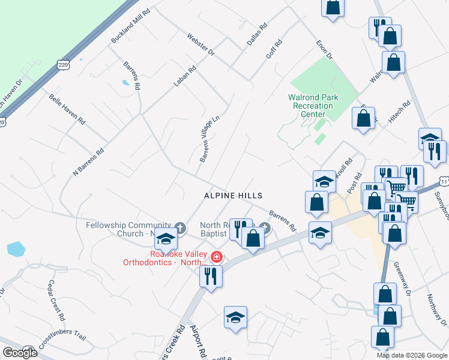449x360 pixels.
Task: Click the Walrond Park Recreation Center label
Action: pyautogui.click(x=313, y=106)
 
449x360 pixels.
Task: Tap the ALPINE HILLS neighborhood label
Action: pyautogui.click(x=234, y=196)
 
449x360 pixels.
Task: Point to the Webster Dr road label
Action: pyautogui.click(x=200, y=44)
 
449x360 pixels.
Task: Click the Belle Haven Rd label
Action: pyautogui.click(x=67, y=109)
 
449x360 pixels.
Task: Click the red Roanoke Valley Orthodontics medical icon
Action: pyautogui.click(x=216, y=257)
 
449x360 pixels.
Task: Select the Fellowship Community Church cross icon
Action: pyautogui.click(x=180, y=228)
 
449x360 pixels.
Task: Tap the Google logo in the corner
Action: pyautogui.click(x=20, y=353)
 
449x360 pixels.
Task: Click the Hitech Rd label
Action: pyautogui.click(x=399, y=112)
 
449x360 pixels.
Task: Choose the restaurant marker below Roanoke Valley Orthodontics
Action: pyautogui.click(x=210, y=275)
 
